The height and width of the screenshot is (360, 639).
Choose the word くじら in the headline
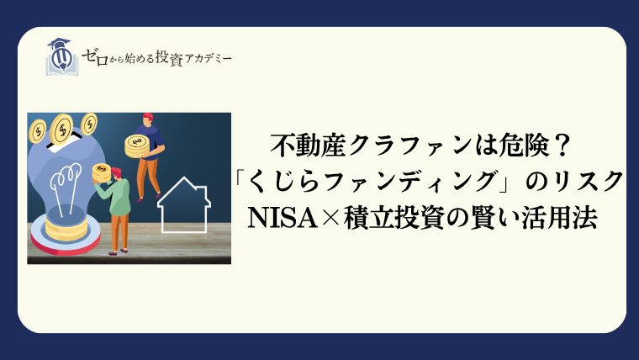pyautogui.click(x=283, y=182)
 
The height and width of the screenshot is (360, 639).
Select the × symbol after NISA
pyautogui.click(x=331, y=219)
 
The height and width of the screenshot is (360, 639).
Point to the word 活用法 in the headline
pyautogui.click(x=562, y=218)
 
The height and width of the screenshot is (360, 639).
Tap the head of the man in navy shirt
pyautogui.click(x=148, y=119)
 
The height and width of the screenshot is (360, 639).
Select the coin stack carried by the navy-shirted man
pyautogui.click(x=137, y=147)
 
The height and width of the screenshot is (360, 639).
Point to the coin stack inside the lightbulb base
pyautogui.click(x=66, y=227)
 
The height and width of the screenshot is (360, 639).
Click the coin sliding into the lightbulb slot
pyautogui.click(x=62, y=129)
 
